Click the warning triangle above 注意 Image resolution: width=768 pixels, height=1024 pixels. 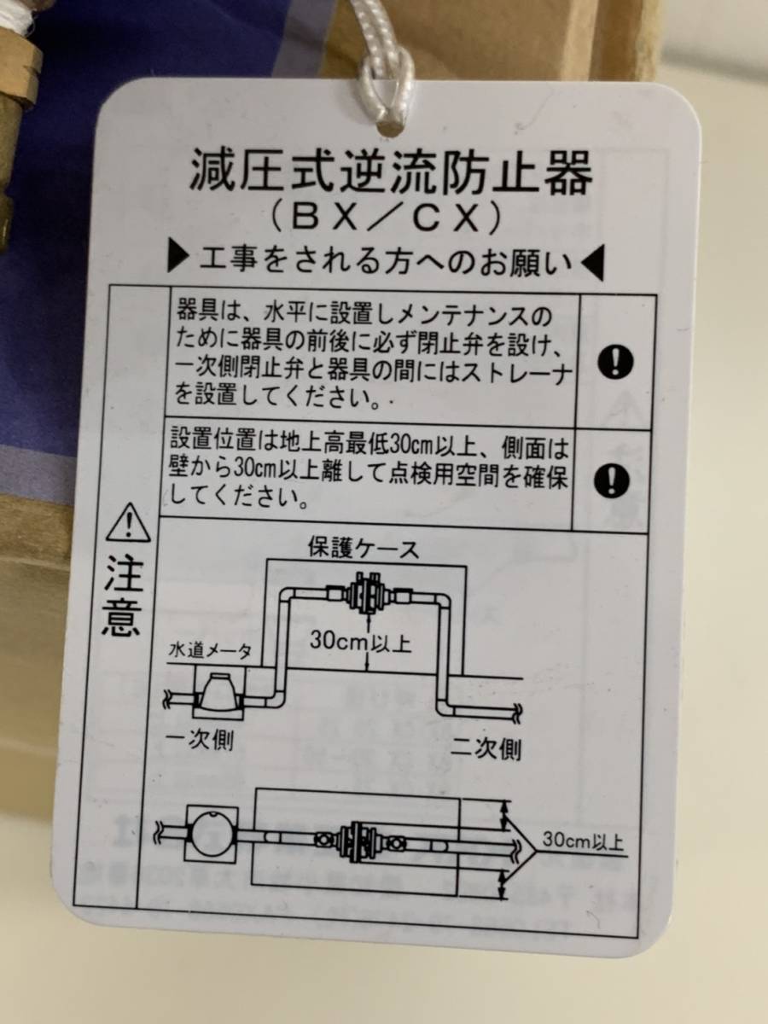(128, 523)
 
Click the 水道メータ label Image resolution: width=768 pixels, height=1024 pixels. (210, 652)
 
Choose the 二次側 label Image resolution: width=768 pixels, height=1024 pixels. (486, 749)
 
